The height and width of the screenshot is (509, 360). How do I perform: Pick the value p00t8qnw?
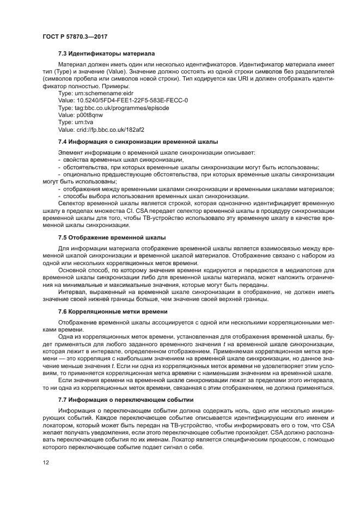pyautogui.click(x=80, y=115)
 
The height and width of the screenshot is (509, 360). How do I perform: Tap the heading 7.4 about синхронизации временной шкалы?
pyautogui.click(x=138, y=142)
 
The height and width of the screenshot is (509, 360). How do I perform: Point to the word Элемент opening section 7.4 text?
pyautogui.click(x=71, y=152)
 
